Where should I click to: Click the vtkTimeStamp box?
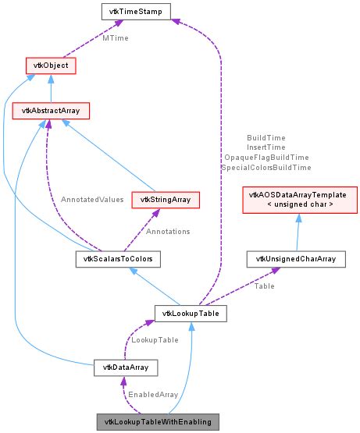click(136, 12)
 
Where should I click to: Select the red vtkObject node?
click(51, 66)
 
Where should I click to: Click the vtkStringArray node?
click(166, 200)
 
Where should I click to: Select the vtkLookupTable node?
click(191, 314)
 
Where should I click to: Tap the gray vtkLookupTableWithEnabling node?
click(159, 421)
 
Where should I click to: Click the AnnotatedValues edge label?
click(92, 200)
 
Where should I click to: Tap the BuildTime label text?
click(266, 137)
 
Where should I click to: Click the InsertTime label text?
click(266, 147)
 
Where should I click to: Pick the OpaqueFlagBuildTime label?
click(266, 157)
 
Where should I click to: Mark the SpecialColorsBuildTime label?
click(266, 167)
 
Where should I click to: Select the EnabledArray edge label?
click(152, 395)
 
